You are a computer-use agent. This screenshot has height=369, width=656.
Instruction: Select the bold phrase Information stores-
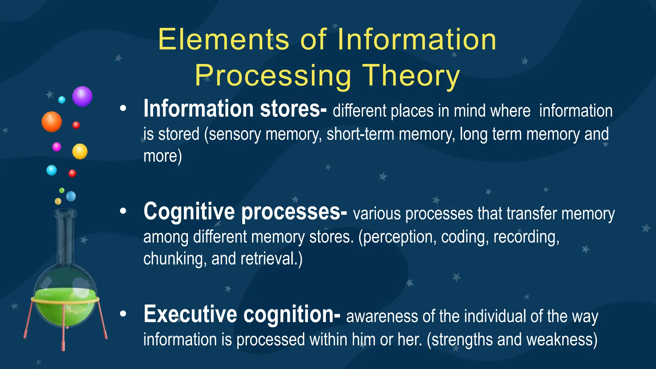pos(235,109)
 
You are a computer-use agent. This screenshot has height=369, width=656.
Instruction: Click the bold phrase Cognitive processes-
pos(245,212)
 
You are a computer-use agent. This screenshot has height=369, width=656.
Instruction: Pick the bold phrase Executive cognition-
pos(242,314)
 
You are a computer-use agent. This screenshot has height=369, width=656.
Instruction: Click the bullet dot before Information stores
pos(123,109)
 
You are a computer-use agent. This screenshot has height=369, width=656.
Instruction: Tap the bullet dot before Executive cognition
pos(123,314)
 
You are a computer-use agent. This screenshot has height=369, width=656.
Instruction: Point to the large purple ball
pos(82,96)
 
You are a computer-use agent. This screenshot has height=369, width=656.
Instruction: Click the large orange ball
pos(52,122)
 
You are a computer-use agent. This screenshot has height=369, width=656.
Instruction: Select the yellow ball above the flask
pos(80,152)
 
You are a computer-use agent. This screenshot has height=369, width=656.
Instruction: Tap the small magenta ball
pos(57,147)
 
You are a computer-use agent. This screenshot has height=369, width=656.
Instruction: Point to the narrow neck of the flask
pos(65,237)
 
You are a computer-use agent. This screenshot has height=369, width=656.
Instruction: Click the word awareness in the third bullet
pos(382,316)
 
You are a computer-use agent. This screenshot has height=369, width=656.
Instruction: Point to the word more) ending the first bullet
pos(162,156)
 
